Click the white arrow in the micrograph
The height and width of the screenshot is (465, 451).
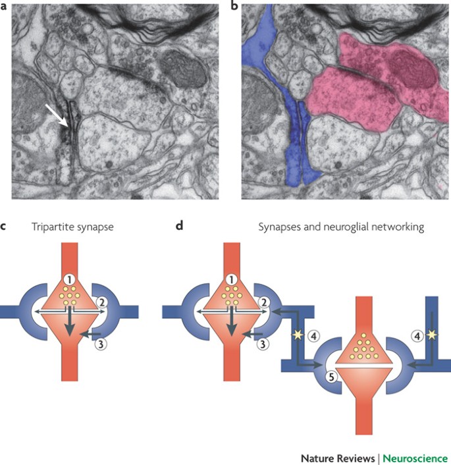pyautogui.click(x=57, y=113)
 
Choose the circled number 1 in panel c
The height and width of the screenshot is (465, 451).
pyautogui.click(x=68, y=279)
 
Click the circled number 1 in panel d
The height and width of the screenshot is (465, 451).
pyautogui.click(x=230, y=279)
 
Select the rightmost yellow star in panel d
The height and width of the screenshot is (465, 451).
pyautogui.click(x=433, y=336)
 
